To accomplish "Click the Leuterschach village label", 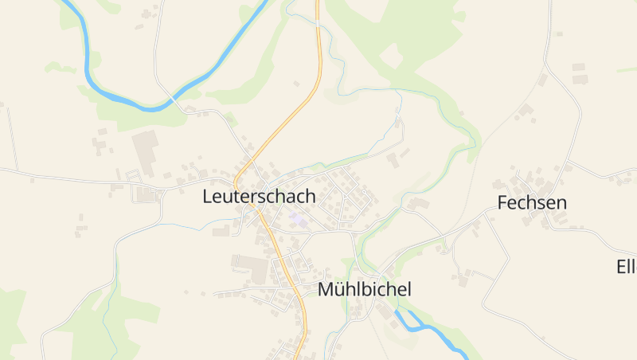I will click(259, 196).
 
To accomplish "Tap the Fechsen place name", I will click(532, 202).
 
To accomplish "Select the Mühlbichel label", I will click(364, 289).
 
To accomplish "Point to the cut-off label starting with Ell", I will click(626, 266).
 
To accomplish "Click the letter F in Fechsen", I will click(502, 202).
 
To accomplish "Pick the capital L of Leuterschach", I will click(208, 196).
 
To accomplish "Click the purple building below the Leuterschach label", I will click(296, 218).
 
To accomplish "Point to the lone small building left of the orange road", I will click(296, 83).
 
